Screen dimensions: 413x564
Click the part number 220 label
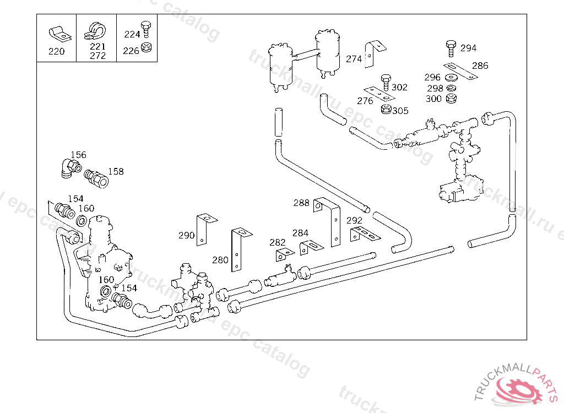pos(56,52)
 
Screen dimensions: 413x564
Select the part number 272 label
pos(97,56)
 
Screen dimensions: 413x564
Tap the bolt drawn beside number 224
pos(146,31)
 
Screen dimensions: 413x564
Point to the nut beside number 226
pos(146,48)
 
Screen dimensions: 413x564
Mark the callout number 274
pos(354,59)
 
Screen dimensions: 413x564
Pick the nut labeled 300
pos(451,99)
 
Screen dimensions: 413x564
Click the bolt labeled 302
pos(386,83)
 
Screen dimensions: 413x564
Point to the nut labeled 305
pos(386,110)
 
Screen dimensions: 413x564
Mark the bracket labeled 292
pos(364,233)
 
